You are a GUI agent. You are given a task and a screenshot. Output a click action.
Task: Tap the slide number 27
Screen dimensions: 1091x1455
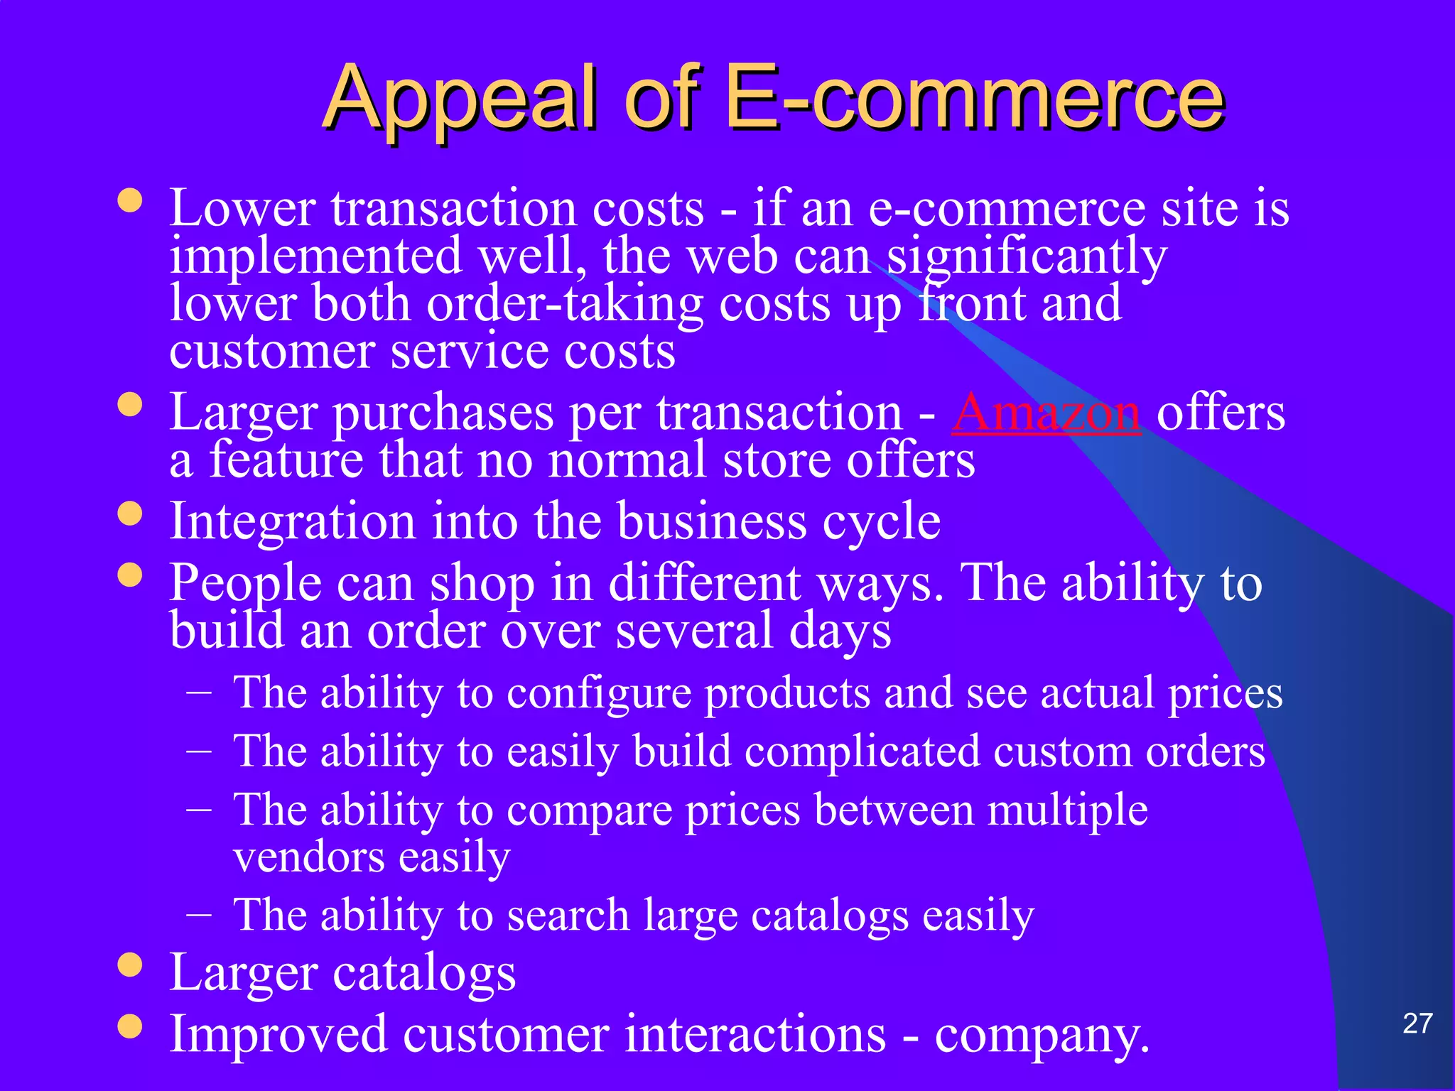tap(1417, 1024)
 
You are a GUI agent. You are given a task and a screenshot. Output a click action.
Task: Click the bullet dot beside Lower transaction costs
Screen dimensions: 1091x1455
tap(130, 200)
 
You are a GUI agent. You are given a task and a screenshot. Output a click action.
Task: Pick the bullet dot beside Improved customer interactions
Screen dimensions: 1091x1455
tap(130, 1026)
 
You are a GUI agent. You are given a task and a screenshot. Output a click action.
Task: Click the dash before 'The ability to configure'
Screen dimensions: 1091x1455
tap(199, 690)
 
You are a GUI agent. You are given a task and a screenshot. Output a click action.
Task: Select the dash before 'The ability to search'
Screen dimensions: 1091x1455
tap(199, 912)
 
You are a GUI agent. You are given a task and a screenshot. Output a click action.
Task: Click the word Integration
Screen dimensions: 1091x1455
tap(292, 522)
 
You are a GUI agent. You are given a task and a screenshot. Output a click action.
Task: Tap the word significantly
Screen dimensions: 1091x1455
tap(1027, 256)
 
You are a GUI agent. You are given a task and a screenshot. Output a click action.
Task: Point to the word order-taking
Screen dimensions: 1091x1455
tap(565, 305)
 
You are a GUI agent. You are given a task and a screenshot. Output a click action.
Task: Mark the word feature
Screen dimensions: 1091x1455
tap(286, 460)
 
